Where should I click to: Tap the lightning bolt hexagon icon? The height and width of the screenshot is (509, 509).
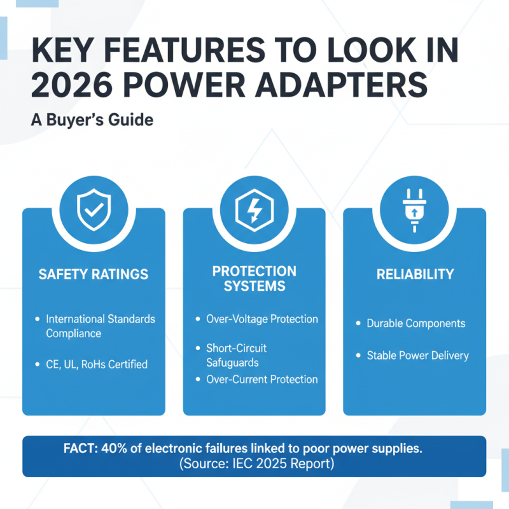tap(254, 208)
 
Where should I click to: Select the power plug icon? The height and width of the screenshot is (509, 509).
tap(414, 208)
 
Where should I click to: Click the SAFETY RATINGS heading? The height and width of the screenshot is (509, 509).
tap(94, 275)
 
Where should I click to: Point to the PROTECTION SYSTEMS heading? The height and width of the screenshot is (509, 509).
tap(254, 278)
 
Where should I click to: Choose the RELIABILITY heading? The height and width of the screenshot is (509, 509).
tap(415, 275)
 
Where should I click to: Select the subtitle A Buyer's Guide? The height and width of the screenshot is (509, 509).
tap(92, 120)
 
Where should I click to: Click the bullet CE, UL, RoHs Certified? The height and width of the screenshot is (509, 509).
tap(97, 365)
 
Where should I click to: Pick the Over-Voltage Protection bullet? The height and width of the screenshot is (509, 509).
tap(262, 319)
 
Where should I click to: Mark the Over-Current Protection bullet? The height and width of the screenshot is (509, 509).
tap(262, 379)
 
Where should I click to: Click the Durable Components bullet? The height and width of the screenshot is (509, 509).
tap(416, 323)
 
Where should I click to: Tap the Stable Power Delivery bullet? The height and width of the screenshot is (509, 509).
tap(417, 355)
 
